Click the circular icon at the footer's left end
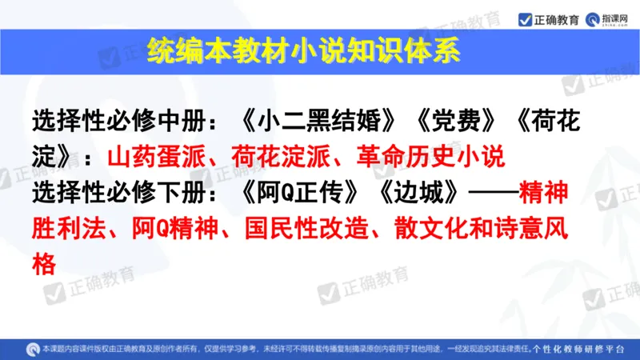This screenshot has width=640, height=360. coord(33,350)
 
